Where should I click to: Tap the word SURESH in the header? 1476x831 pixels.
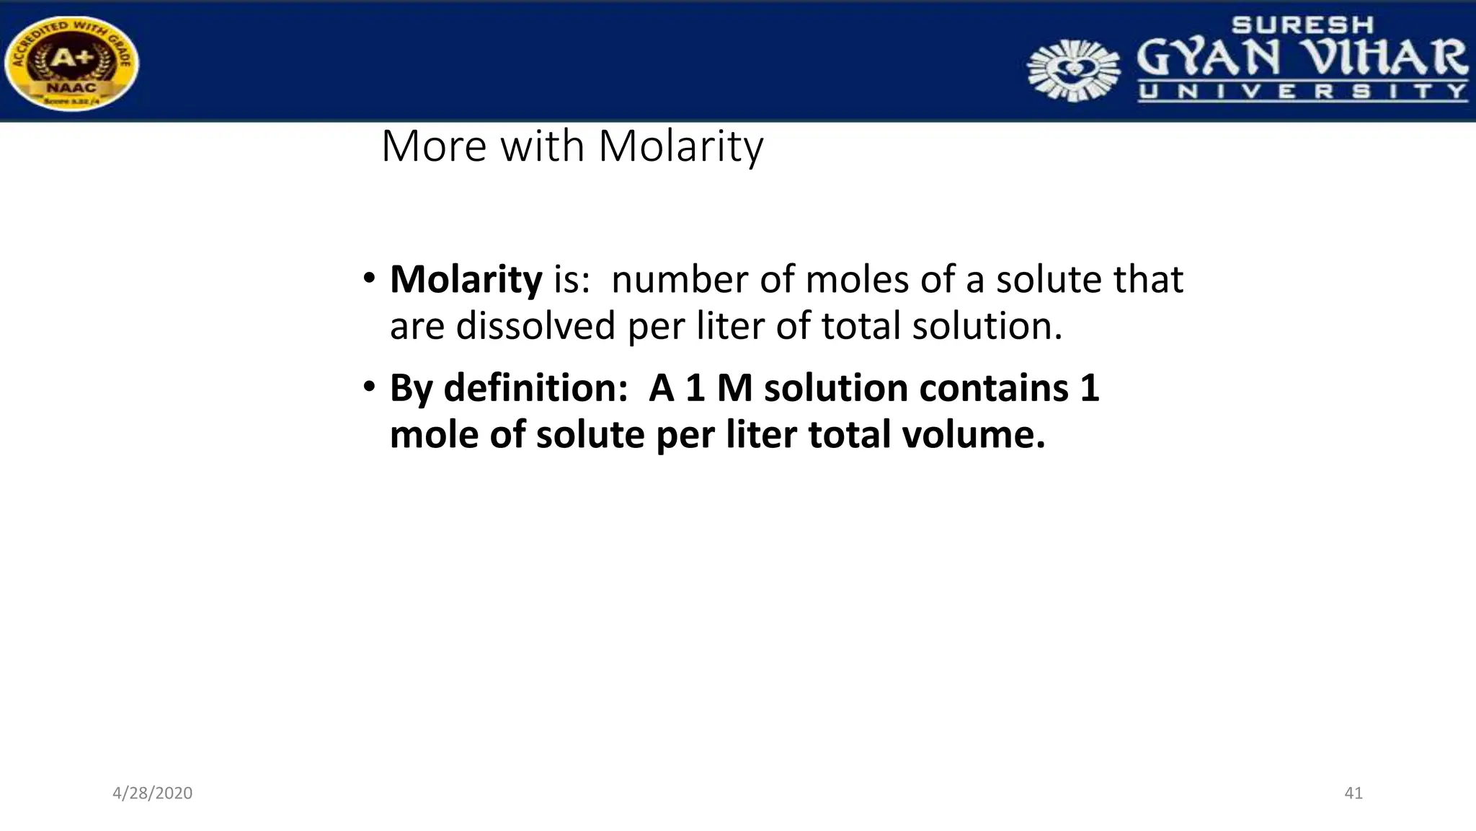[x=1302, y=25]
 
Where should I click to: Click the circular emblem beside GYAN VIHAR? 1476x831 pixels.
[x=1073, y=69]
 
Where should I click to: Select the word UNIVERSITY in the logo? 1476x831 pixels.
[x=1302, y=92]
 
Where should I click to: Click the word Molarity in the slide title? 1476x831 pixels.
[x=680, y=146]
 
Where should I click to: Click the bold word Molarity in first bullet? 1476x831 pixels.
[x=466, y=280]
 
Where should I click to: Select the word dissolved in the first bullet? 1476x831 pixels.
[x=535, y=326]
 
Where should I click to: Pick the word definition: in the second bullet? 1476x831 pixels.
[x=536, y=389]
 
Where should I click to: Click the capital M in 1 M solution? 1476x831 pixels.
[x=734, y=389]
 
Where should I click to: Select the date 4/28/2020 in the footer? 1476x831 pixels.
[x=152, y=793]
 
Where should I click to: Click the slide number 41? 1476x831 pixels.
[x=1353, y=793]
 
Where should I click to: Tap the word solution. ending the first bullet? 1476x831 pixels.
[x=987, y=326]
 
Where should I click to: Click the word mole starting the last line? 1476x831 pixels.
[x=435, y=435]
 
